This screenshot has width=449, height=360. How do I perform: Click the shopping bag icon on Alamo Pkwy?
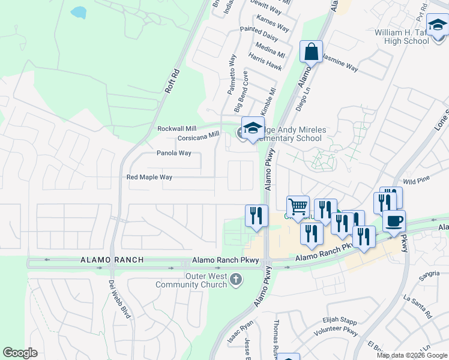point(312,52)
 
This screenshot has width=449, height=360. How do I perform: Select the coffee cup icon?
point(394,221)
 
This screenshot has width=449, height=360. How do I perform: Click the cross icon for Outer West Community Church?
point(237,279)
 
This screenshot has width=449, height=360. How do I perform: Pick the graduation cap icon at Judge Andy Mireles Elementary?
point(253,128)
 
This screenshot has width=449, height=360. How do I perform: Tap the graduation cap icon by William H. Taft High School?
point(437,26)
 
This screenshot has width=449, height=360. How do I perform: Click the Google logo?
point(20,353)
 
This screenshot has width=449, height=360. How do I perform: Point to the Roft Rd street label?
point(172,80)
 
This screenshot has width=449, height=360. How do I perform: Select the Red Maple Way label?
point(149,177)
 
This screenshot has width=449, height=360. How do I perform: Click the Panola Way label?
point(174,153)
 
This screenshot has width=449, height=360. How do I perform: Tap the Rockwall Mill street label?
point(176,128)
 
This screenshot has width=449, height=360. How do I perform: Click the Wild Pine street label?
point(417,180)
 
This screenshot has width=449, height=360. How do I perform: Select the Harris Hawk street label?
point(264,64)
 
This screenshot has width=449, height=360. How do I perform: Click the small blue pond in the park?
point(79,12)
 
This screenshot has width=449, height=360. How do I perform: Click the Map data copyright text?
point(411,355)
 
